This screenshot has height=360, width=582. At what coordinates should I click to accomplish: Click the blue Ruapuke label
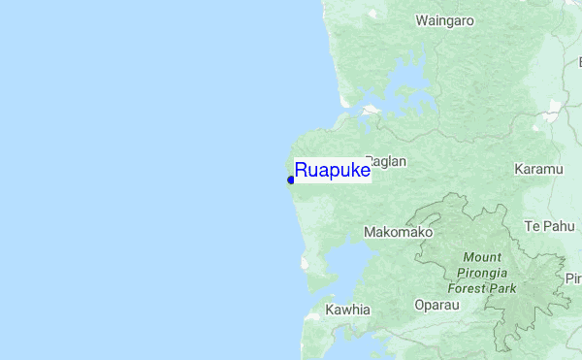click(x=333, y=171)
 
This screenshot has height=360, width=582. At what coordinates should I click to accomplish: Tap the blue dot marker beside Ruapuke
click(x=291, y=180)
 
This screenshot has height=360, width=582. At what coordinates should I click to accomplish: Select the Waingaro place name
click(x=443, y=19)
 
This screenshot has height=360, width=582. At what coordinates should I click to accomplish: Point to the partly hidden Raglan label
click(x=389, y=162)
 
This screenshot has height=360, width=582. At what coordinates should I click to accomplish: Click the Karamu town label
click(x=538, y=169)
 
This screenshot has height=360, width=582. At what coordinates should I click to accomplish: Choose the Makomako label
click(x=398, y=233)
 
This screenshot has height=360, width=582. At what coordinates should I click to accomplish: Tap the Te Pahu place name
click(x=549, y=226)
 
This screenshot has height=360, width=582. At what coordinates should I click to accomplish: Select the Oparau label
click(x=436, y=305)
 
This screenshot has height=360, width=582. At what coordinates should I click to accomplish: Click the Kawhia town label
click(x=348, y=310)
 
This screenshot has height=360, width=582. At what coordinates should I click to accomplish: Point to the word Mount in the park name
click(x=482, y=257)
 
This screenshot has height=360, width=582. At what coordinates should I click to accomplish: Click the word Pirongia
click(x=482, y=273)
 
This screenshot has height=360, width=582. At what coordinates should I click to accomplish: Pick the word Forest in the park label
click(x=468, y=288)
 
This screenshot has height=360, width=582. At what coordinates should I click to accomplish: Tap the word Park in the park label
click(x=504, y=288)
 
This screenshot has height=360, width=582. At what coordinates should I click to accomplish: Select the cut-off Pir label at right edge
click(x=572, y=278)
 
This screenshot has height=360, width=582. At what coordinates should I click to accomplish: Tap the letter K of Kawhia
click(x=330, y=310)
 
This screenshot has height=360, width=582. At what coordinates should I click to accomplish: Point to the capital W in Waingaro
click(x=421, y=19)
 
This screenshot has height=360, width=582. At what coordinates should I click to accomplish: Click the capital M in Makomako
click(x=369, y=233)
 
